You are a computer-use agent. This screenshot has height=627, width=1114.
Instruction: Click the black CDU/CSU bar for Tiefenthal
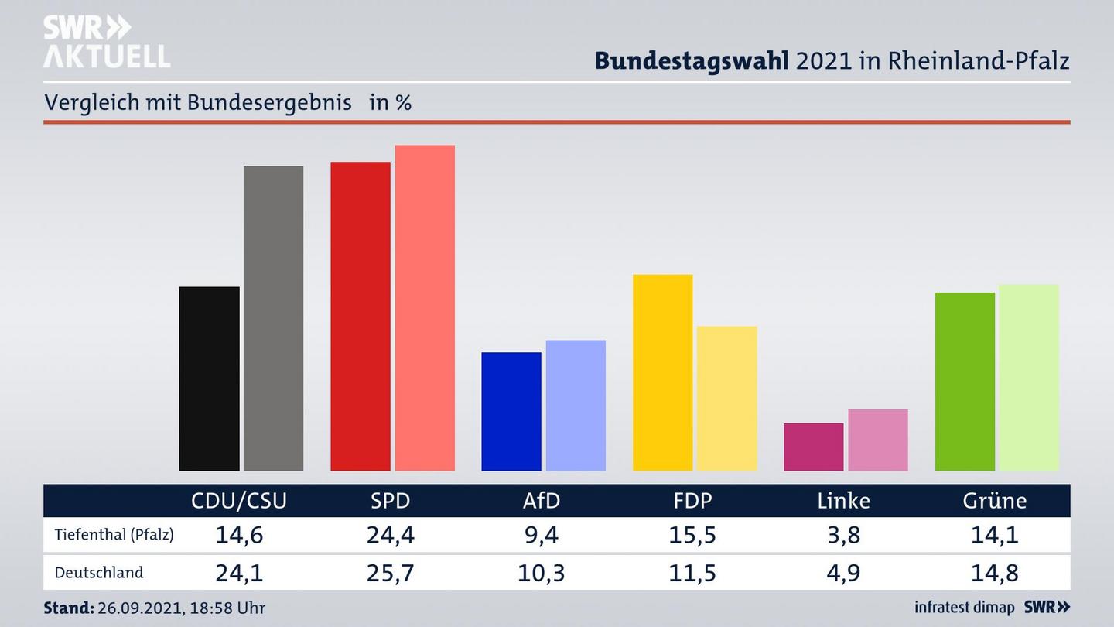click(209, 379)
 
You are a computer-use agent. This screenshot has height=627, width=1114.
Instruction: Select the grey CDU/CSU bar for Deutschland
click(273, 318)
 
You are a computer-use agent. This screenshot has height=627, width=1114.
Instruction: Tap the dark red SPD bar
click(361, 316)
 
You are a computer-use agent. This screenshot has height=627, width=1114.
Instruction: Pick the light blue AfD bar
click(576, 405)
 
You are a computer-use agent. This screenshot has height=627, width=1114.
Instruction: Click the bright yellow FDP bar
click(662, 372)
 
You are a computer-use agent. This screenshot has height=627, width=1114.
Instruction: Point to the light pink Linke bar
click(878, 440)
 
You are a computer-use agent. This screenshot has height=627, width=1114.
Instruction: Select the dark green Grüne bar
click(965, 382)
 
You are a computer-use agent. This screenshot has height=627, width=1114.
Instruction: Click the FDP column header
click(692, 501)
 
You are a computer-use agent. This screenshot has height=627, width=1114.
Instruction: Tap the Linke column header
click(843, 501)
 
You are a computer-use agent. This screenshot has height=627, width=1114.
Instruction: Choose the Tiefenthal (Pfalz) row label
click(114, 535)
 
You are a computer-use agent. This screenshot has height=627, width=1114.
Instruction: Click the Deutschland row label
click(99, 573)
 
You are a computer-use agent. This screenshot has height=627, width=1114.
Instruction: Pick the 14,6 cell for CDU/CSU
click(239, 535)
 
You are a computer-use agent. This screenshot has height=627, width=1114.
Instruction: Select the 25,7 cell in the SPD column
click(390, 573)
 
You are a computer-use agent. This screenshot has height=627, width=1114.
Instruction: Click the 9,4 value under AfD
click(542, 535)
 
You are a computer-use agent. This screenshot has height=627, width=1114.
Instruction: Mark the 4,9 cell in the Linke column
click(843, 573)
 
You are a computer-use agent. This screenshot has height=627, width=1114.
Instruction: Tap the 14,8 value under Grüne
click(995, 573)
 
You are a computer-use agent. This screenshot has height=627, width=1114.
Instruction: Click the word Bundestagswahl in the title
click(692, 61)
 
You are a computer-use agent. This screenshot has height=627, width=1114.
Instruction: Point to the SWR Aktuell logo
click(106, 42)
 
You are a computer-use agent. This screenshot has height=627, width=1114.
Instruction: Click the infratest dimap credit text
click(965, 608)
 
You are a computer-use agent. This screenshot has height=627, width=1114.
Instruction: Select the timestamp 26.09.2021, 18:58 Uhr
click(181, 608)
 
